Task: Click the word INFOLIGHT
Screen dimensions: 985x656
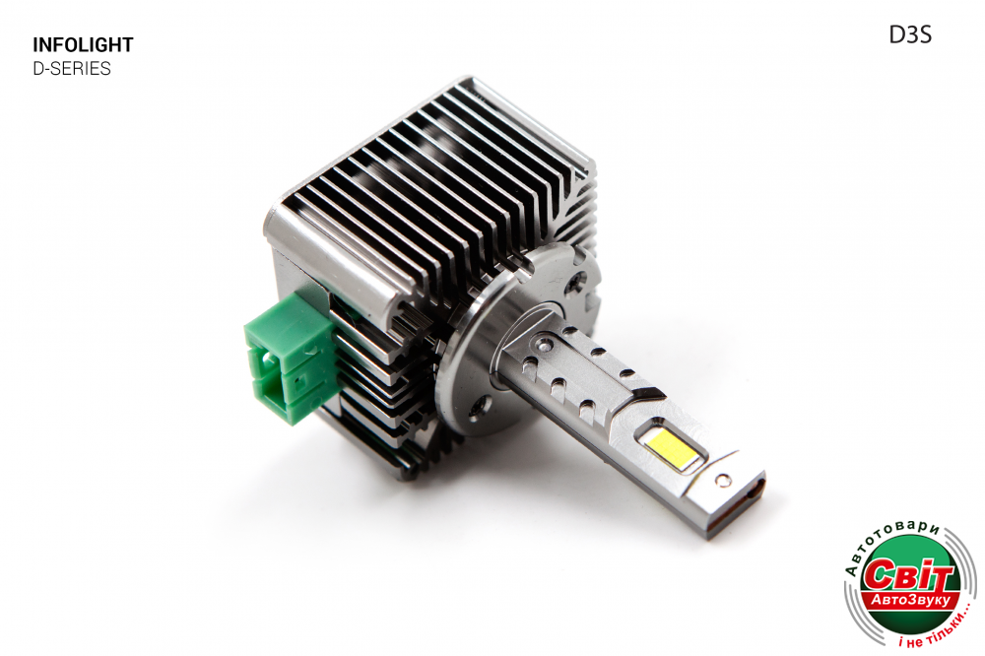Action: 83,45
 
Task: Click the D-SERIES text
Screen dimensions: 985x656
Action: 72,69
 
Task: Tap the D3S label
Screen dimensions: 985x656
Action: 910,35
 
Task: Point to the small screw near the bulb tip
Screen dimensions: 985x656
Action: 724,481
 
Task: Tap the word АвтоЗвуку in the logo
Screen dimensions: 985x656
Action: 910,601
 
